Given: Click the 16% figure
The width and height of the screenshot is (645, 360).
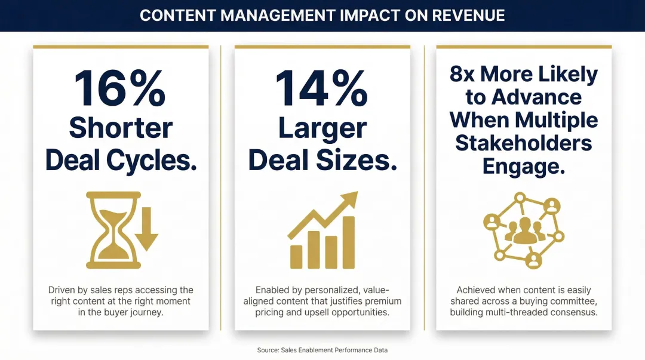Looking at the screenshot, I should [x=120, y=88].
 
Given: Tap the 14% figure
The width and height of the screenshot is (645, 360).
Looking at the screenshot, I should [x=321, y=88].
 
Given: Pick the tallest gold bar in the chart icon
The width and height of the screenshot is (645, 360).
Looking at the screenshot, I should [x=348, y=242].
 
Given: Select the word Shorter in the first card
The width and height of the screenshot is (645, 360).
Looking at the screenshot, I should [x=121, y=128].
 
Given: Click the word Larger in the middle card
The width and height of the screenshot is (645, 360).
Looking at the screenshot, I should [x=322, y=128].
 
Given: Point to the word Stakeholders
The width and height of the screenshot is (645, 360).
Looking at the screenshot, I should [x=523, y=143].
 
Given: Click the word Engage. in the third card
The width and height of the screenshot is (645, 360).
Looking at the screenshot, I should [x=523, y=167].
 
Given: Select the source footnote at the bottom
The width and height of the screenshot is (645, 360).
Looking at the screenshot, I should [x=322, y=350].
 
